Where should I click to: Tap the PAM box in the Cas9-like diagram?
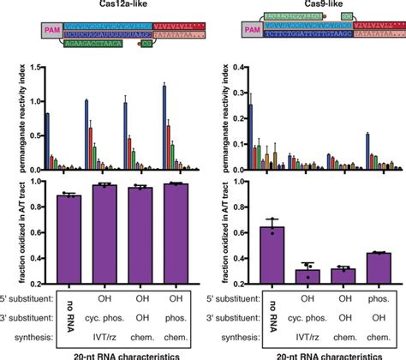[250, 37]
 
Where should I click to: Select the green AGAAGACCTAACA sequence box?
[96, 51]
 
